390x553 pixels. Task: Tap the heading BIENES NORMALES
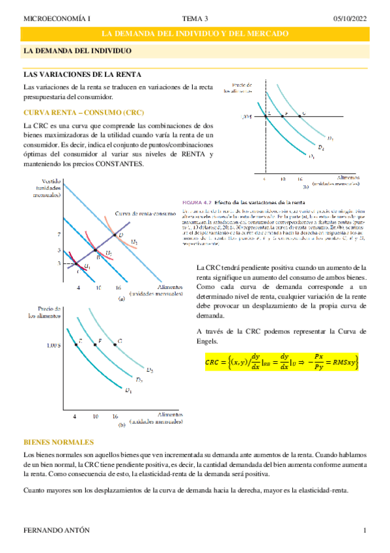click(58, 441)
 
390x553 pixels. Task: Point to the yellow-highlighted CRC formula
click(282, 362)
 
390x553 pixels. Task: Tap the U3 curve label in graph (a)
click(133, 243)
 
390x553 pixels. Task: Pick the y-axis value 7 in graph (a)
click(58, 234)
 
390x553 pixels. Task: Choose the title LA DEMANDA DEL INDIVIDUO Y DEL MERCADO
click(195, 35)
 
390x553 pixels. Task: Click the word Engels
click(208, 341)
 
